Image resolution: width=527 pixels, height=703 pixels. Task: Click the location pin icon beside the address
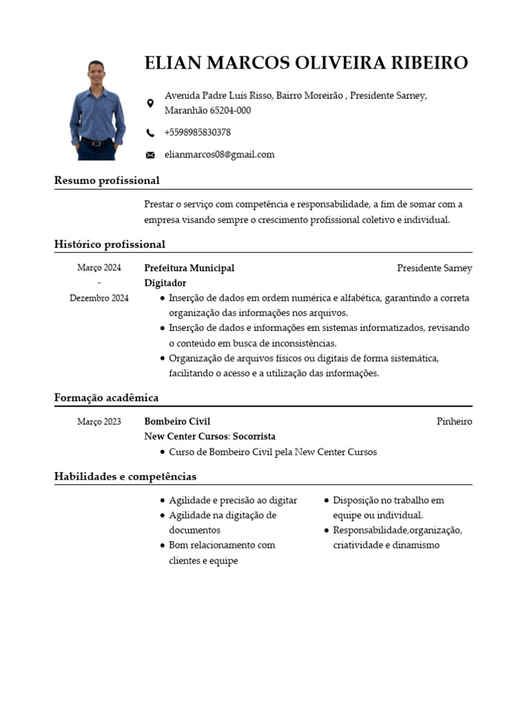(150, 103)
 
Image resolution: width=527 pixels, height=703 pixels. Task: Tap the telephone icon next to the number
(150, 132)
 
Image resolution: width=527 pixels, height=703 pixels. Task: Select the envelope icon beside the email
(150, 155)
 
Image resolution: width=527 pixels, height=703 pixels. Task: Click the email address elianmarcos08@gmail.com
(219, 154)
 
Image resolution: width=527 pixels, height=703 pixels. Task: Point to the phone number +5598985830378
(198, 132)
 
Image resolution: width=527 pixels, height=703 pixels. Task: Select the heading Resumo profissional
(106, 181)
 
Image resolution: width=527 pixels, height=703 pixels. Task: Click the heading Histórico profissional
(110, 244)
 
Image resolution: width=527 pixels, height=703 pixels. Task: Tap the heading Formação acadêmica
(106, 398)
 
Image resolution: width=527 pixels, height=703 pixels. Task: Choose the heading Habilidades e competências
(125, 476)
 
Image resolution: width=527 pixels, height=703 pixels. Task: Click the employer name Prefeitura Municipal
(189, 268)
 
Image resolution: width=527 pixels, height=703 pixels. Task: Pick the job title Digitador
(165, 284)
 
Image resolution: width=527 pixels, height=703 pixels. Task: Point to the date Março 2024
(99, 268)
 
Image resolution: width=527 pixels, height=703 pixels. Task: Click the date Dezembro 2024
(99, 299)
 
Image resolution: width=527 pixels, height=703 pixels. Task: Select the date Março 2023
(99, 422)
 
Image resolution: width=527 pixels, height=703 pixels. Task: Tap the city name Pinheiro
(454, 422)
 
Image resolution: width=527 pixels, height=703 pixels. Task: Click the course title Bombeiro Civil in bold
(177, 422)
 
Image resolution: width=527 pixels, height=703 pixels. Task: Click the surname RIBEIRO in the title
(429, 63)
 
